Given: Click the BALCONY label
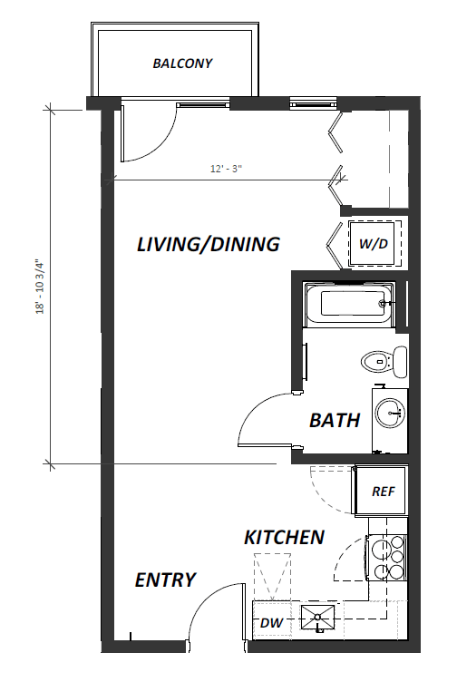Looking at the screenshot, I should pyautogui.click(x=182, y=63).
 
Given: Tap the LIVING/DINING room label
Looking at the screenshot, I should pyautogui.click(x=208, y=244).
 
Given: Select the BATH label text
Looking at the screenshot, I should pyautogui.click(x=335, y=420).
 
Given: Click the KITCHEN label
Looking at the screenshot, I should pyautogui.click(x=284, y=537).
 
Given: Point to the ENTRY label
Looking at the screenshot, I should pyautogui.click(x=165, y=580).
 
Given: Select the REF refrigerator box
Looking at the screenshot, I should pyautogui.click(x=382, y=492).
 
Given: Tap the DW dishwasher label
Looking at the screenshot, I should pyautogui.click(x=271, y=623).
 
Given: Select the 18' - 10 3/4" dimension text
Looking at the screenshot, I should pyautogui.click(x=38, y=288).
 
